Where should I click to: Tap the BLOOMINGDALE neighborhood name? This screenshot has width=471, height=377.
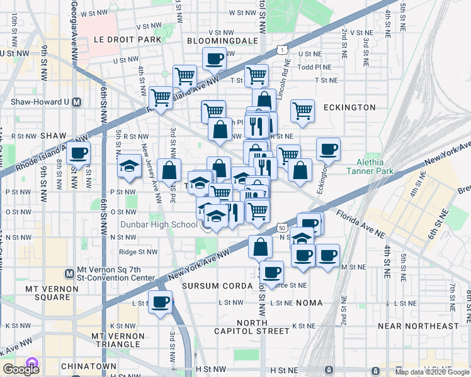[x=223, y=40]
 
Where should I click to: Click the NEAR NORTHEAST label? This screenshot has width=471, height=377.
[x=419, y=326]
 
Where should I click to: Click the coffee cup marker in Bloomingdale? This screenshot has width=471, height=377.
[x=214, y=59]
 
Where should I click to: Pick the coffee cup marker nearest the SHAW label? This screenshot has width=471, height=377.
[x=78, y=153]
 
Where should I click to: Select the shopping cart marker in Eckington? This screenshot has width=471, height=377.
[x=303, y=110]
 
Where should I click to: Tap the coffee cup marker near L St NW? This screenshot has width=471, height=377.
[x=160, y=302]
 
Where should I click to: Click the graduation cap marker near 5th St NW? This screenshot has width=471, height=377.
[x=129, y=167]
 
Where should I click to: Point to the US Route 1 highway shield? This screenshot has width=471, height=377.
[x=280, y=49]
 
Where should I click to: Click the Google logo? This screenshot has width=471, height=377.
[x=21, y=369]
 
